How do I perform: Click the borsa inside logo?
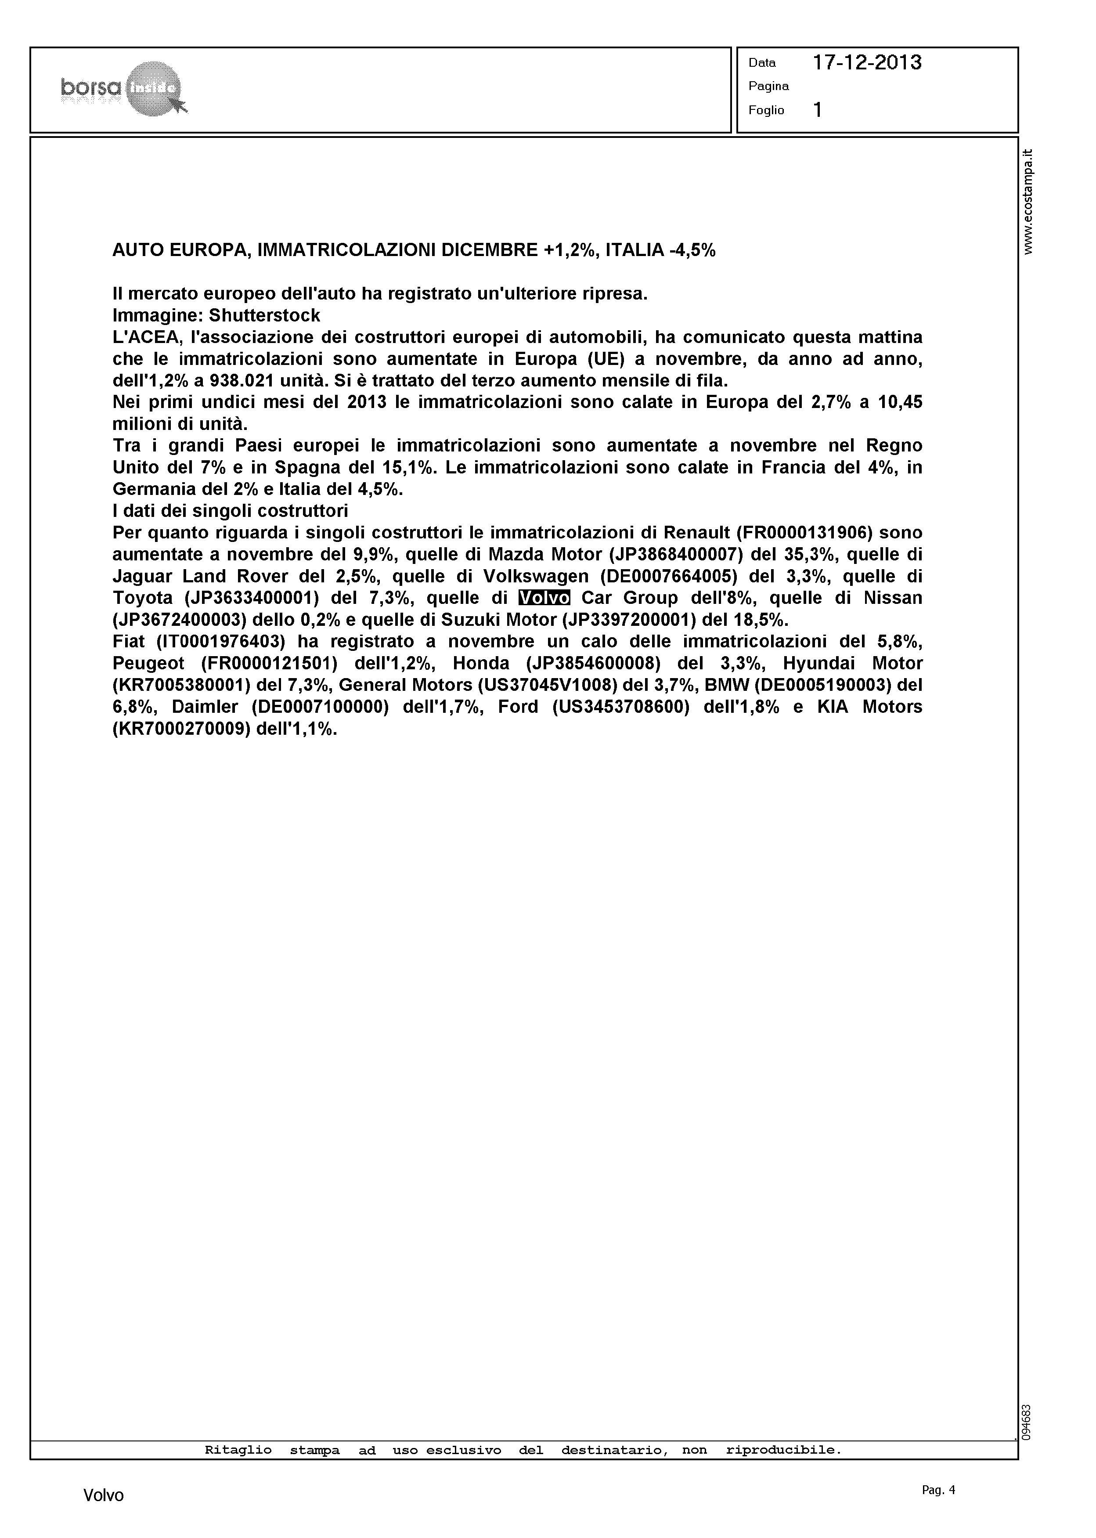tap(123, 88)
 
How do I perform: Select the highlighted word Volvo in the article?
tap(544, 598)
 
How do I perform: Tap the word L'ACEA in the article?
tap(145, 337)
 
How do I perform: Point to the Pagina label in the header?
tap(769, 87)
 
